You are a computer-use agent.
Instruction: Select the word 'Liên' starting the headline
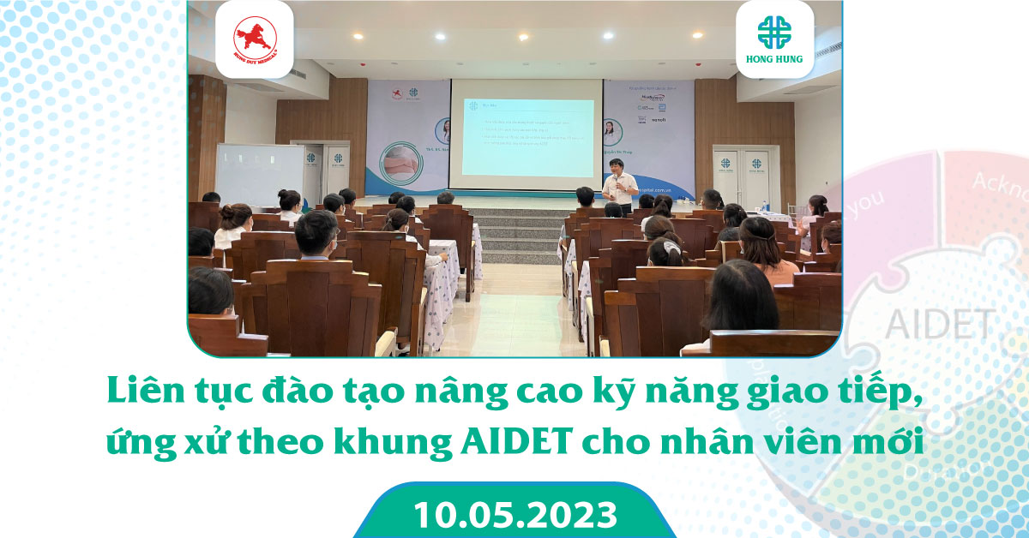(139, 392)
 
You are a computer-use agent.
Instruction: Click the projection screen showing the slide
(527, 134)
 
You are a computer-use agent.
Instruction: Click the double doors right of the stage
(743, 176)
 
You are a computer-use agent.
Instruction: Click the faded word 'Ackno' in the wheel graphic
(999, 182)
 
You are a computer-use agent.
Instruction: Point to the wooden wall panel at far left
(206, 137)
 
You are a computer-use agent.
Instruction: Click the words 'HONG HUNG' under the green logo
(774, 63)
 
